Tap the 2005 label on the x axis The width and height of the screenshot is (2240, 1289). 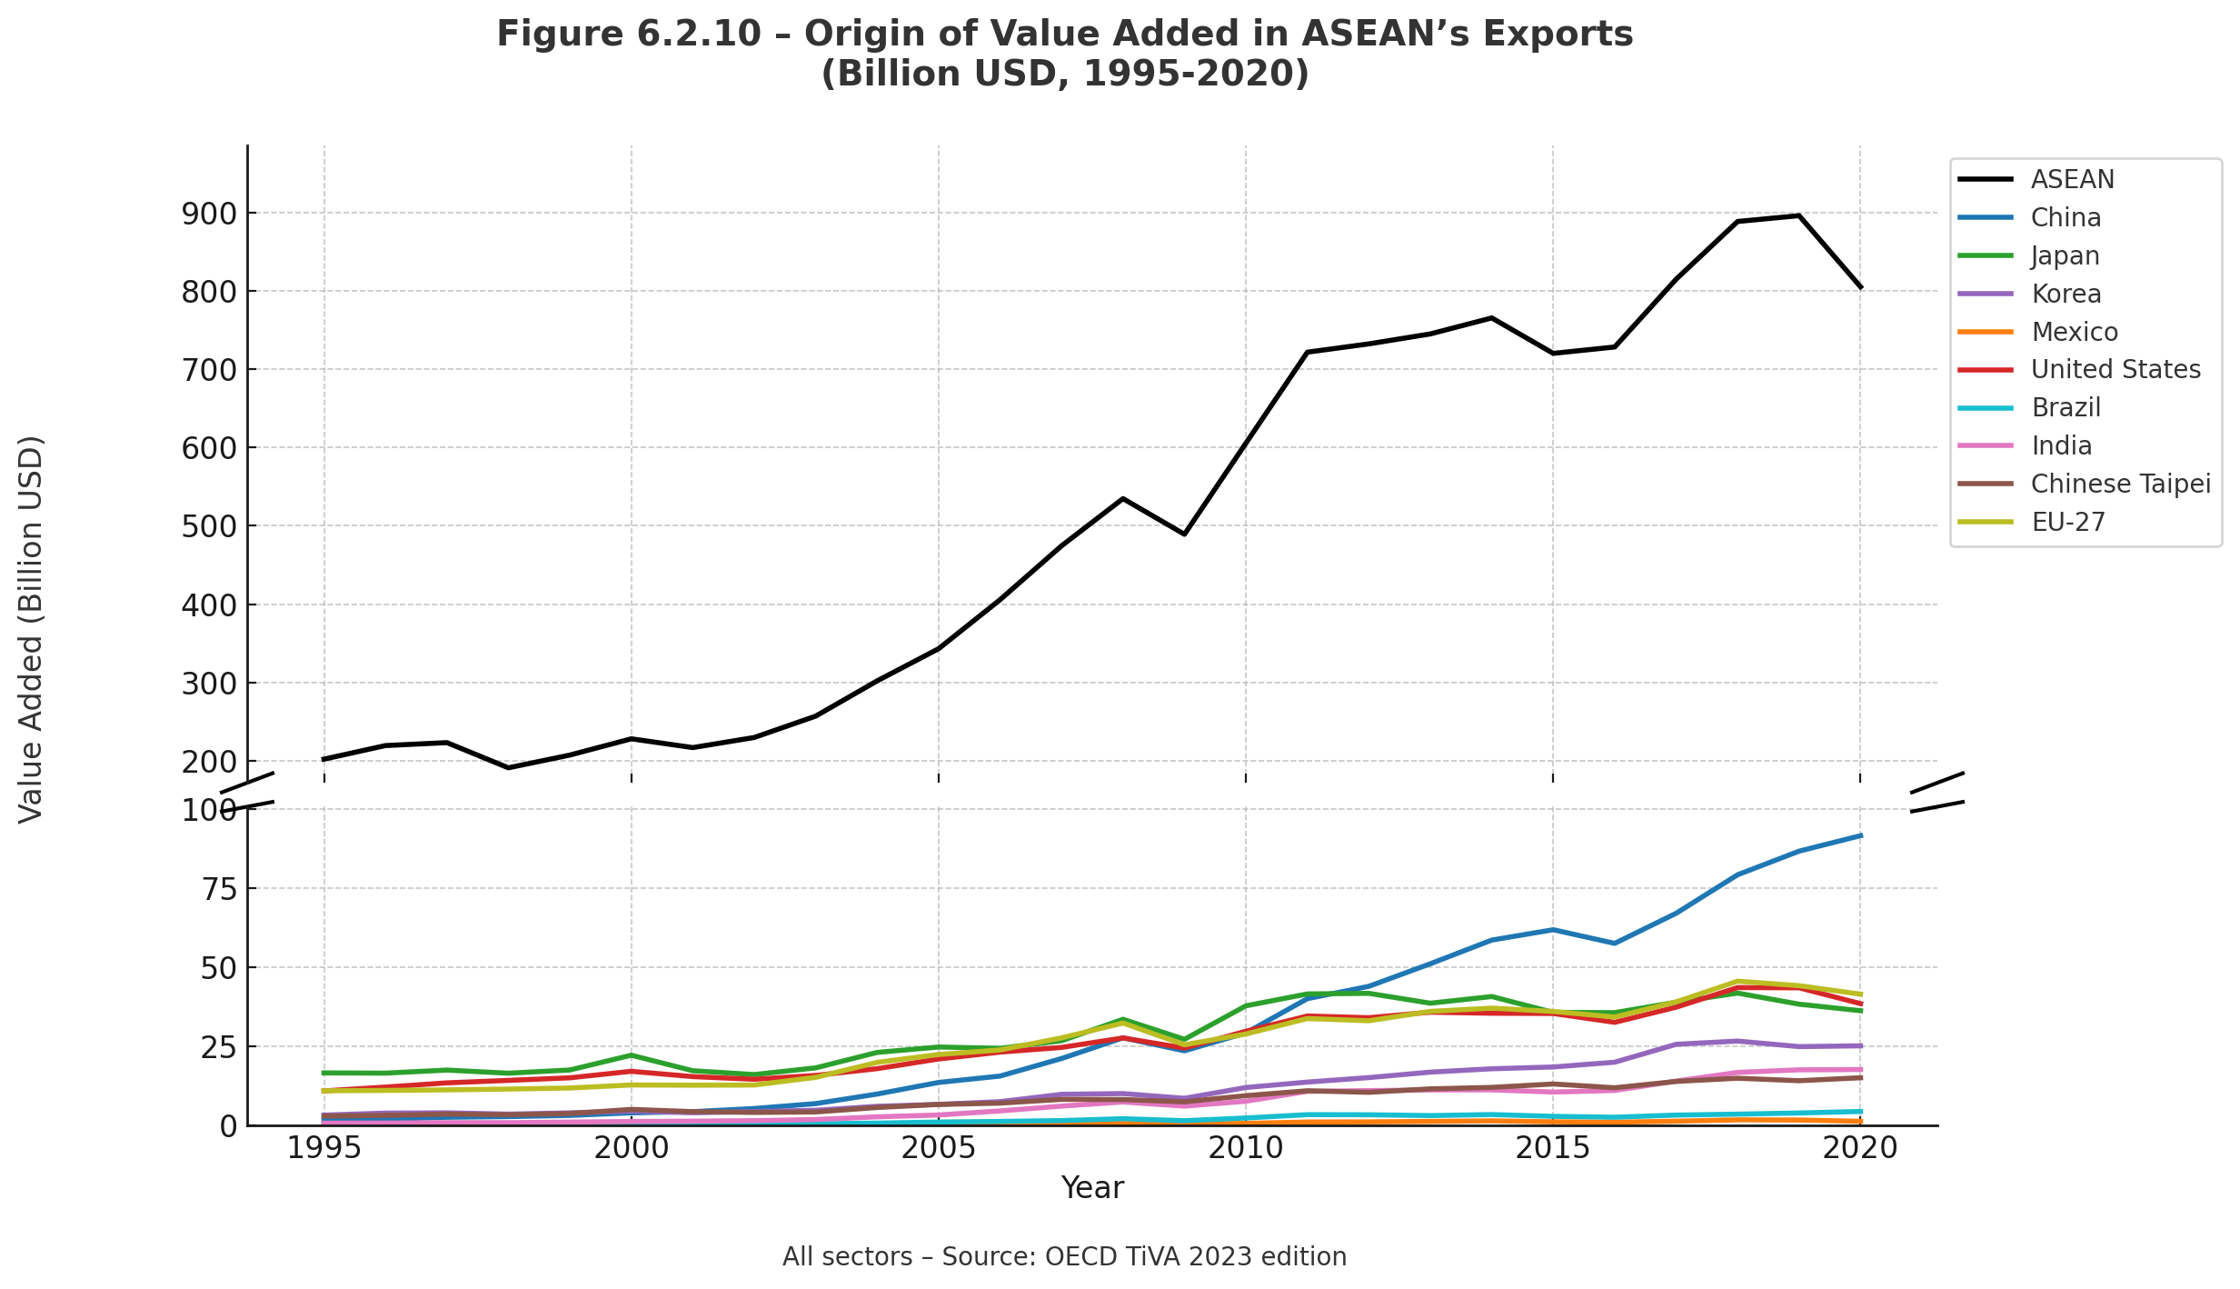(938, 1148)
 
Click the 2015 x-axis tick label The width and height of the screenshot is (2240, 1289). (1552, 1148)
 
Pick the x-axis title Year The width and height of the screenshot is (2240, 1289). (1092, 1188)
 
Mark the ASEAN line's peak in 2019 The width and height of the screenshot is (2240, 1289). (1798, 215)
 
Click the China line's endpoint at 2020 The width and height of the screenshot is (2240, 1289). (1860, 835)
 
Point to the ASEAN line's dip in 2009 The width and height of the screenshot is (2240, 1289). (1184, 534)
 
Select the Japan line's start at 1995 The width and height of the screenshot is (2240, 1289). (324, 1073)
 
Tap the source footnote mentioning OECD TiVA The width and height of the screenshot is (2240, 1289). (1064, 1257)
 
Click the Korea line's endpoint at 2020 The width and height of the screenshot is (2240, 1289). (1860, 1045)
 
